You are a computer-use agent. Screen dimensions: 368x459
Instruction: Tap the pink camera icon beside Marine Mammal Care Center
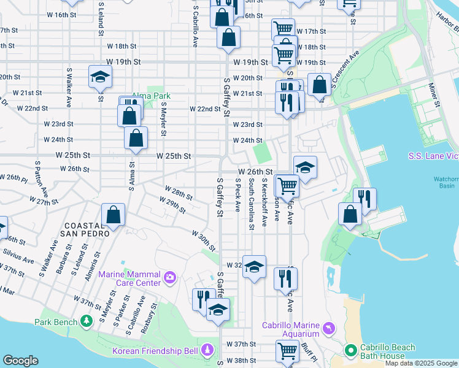pyautogui.click(x=170, y=279)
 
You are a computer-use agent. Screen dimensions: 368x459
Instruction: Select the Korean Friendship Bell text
pyautogui.click(x=155, y=351)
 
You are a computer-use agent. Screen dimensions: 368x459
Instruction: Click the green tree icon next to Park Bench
pyautogui.click(x=87, y=321)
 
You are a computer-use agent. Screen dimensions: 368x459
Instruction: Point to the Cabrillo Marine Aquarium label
pyautogui.click(x=291, y=329)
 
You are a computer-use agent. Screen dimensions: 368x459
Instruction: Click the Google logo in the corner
pyautogui.click(x=20, y=361)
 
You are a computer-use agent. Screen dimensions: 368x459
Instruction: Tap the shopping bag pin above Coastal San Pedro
pyautogui.click(x=114, y=215)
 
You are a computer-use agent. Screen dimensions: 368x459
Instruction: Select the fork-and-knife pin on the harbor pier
pyautogui.click(x=366, y=199)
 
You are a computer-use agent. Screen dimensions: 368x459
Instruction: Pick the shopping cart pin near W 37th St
pyautogui.click(x=287, y=351)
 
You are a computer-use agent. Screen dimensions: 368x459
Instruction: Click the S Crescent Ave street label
pyautogui.click(x=344, y=69)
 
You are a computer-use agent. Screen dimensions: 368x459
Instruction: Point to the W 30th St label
pyautogui.click(x=203, y=241)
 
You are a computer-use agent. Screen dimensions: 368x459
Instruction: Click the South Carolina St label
pyautogui.click(x=252, y=205)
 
